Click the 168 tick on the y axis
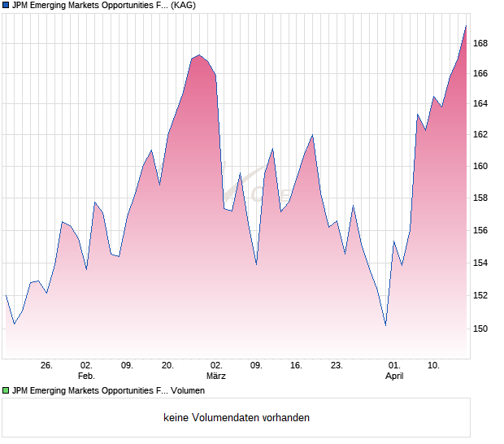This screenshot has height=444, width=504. (x=480, y=42)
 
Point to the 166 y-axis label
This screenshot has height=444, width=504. (x=480, y=73)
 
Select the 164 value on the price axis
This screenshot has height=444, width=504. (x=480, y=103)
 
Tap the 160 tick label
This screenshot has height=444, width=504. (x=480, y=166)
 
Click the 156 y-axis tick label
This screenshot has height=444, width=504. (x=480, y=230)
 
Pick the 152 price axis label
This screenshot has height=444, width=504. (x=480, y=295)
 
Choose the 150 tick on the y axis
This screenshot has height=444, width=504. (x=480, y=329)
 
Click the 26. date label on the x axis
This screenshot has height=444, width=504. (x=46, y=365)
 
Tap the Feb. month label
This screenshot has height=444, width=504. (x=86, y=376)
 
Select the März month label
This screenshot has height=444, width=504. (x=215, y=376)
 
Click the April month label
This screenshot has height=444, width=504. (x=394, y=376)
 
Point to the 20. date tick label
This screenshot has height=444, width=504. (x=167, y=365)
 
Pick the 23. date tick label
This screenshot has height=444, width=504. (x=337, y=365)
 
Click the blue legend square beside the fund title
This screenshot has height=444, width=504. (x=6, y=5)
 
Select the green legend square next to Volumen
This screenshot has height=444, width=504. (x=6, y=391)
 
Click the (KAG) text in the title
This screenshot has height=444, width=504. (x=180, y=5)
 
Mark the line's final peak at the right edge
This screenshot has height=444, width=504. (x=466, y=26)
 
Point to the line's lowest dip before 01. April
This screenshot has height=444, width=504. (x=385, y=325)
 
